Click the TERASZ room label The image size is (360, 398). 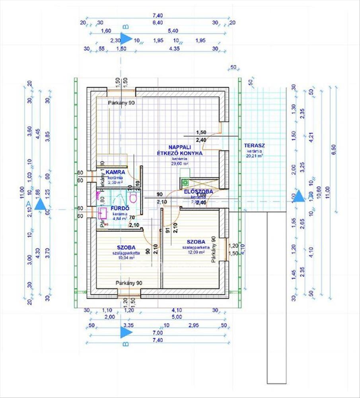point(255,146)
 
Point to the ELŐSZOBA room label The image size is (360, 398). point(198,192)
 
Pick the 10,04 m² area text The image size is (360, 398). point(126,258)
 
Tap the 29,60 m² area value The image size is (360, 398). point(180,163)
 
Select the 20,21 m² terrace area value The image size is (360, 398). point(255,156)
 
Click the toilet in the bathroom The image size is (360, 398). point(133,198)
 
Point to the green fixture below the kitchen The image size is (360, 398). point(185,183)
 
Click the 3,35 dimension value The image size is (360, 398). point(128,325)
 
